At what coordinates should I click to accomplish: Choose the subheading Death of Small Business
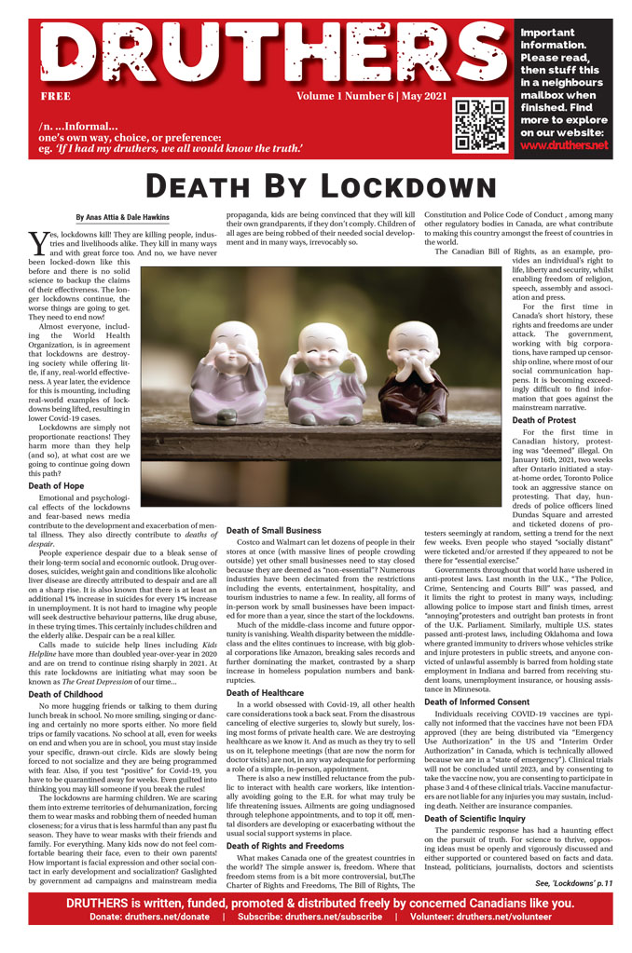point(273,530)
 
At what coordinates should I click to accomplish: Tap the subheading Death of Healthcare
point(265,667)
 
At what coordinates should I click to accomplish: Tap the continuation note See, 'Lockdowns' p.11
point(573,882)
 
